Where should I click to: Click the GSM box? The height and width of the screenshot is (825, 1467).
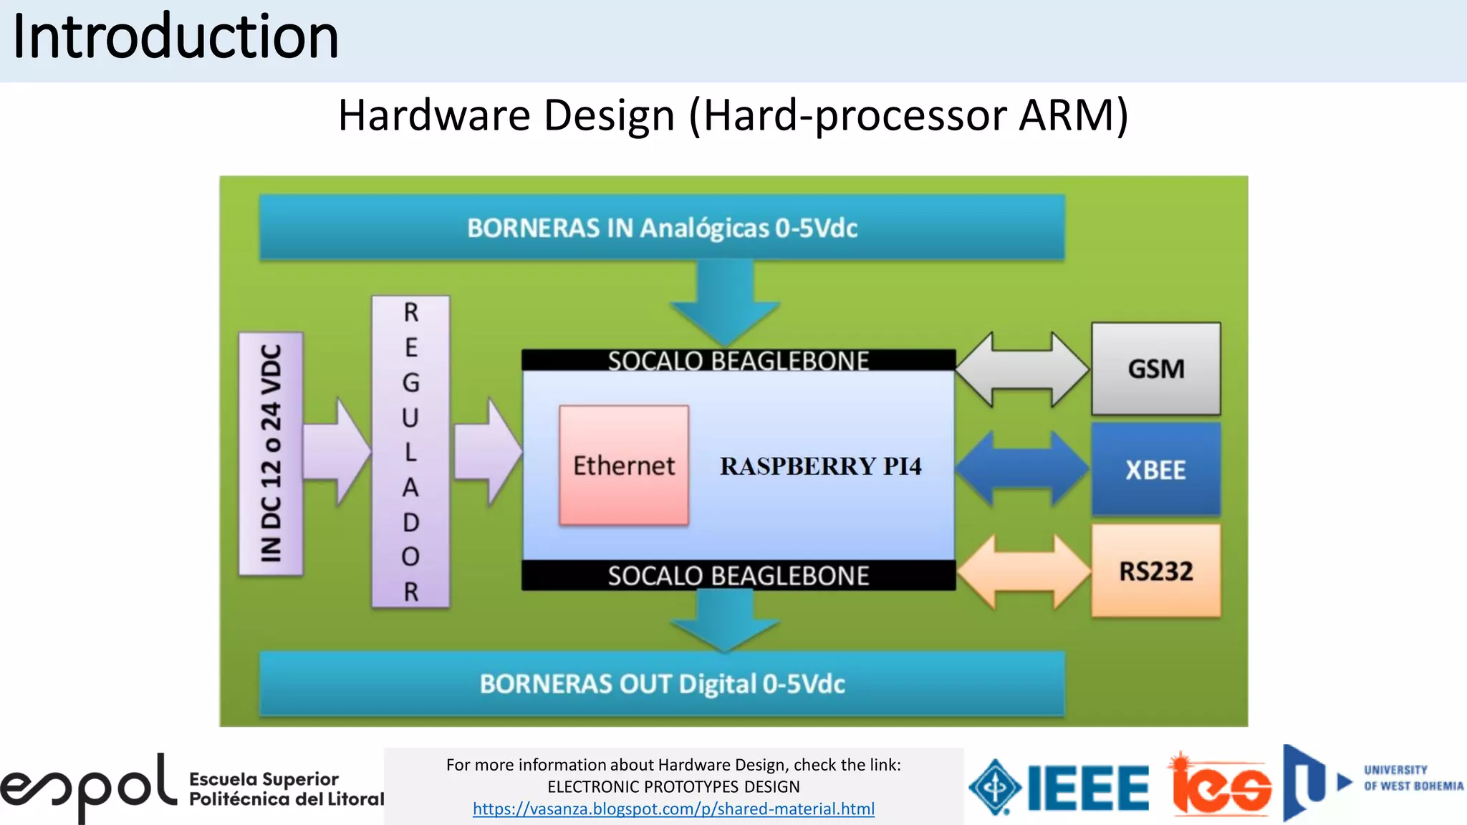pos(1155,369)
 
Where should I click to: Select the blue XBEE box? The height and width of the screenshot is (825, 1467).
pos(1155,470)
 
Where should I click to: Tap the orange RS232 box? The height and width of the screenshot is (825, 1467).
pos(1155,571)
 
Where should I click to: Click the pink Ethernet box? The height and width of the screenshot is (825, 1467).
pos(624,465)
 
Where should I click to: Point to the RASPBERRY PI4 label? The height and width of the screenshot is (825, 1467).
pos(820,466)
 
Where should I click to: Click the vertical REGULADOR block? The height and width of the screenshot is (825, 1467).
pos(410,452)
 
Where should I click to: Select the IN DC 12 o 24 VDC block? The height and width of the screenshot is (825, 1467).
pos(271,453)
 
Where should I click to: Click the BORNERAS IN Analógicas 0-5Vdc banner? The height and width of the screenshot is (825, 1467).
pos(662,228)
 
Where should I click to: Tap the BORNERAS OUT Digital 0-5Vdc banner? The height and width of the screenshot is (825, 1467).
pos(662,684)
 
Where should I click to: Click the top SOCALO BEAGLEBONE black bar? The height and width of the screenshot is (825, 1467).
pos(738,360)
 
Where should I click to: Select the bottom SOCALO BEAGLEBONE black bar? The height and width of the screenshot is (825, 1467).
pos(738,576)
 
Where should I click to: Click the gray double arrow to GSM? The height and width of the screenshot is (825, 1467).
pos(1022,370)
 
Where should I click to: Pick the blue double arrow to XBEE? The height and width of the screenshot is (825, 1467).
pos(1022,469)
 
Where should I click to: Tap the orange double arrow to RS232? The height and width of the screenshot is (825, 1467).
pos(1024,571)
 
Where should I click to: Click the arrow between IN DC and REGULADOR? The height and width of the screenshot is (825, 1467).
pos(337,452)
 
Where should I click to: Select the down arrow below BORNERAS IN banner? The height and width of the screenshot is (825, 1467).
pos(725,301)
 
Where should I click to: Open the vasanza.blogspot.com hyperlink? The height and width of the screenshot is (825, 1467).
pos(673,809)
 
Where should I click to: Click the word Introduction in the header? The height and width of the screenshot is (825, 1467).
pos(175,37)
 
